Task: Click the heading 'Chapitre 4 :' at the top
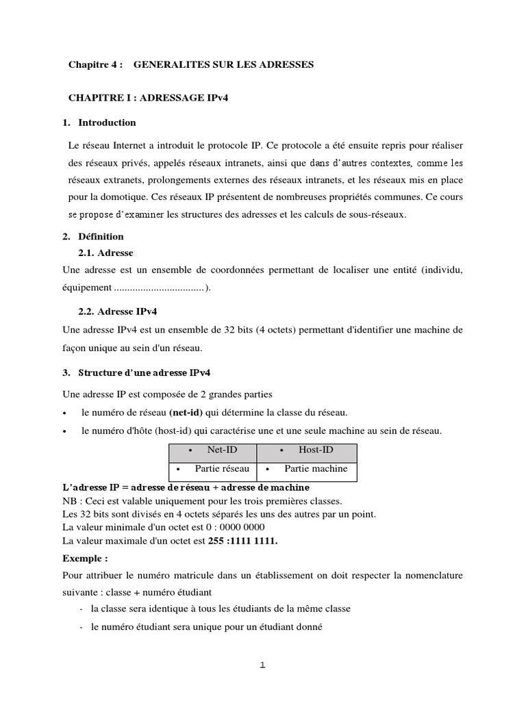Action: tap(95, 64)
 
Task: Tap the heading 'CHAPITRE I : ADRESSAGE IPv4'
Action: tap(148, 98)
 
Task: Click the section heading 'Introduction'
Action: tap(107, 123)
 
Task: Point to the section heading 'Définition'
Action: tap(101, 236)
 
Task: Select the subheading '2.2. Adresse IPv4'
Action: tap(118, 311)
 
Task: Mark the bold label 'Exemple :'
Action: tap(85, 559)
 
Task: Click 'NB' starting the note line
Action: tap(70, 500)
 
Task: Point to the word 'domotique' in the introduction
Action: tap(118, 196)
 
